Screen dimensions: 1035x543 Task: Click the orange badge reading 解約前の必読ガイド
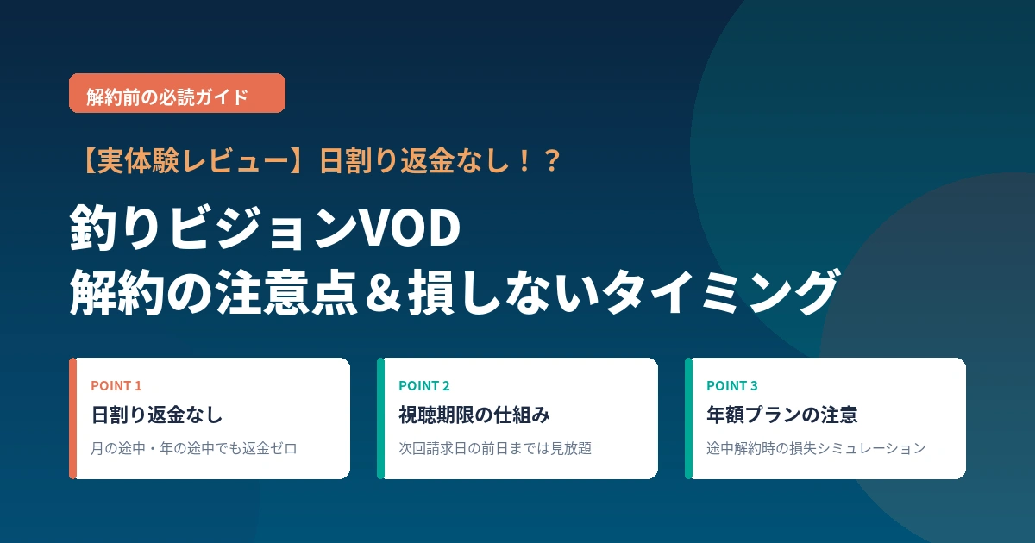(177, 93)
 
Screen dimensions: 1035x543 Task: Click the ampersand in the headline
(383, 293)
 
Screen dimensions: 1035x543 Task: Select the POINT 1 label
(116, 385)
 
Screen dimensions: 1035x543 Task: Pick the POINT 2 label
(424, 385)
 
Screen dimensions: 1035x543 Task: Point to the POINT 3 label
(732, 385)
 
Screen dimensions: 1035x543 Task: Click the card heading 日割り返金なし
(157, 415)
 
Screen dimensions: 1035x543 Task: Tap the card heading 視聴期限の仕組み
(474, 415)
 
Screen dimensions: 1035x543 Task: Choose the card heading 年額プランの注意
(781, 415)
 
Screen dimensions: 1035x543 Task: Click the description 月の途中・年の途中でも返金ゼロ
(194, 448)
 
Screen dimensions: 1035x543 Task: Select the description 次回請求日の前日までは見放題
(495, 448)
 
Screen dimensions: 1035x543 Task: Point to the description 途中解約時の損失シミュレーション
(816, 448)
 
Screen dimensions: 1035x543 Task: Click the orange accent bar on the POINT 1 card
(72, 418)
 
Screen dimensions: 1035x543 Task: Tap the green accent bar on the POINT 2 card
(380, 418)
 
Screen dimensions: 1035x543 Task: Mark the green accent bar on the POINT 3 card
(688, 418)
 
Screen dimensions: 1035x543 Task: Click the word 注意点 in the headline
(286, 293)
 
